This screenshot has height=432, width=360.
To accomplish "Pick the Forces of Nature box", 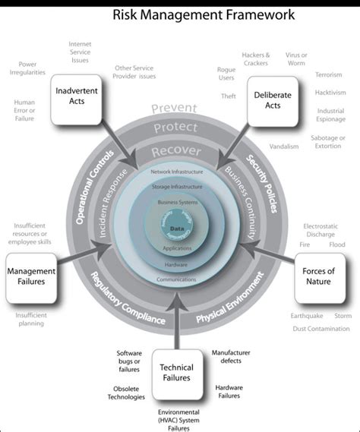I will (319, 276).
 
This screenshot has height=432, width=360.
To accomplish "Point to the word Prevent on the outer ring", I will (174, 109).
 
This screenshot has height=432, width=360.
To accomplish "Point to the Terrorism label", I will (328, 74).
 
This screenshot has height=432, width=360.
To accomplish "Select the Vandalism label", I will (284, 147).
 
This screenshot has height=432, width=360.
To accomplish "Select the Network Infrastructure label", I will (176, 173).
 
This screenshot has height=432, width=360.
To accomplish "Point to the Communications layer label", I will (176, 279).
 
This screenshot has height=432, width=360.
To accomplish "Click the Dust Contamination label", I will (321, 329).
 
